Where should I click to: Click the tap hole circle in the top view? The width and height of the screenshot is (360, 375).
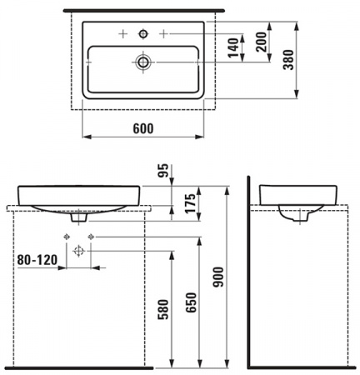tap(142, 33)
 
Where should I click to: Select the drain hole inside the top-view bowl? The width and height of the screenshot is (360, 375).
tap(142, 62)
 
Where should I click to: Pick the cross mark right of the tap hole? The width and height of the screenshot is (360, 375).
tap(163, 33)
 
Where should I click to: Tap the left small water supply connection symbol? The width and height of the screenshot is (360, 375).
tap(65, 237)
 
